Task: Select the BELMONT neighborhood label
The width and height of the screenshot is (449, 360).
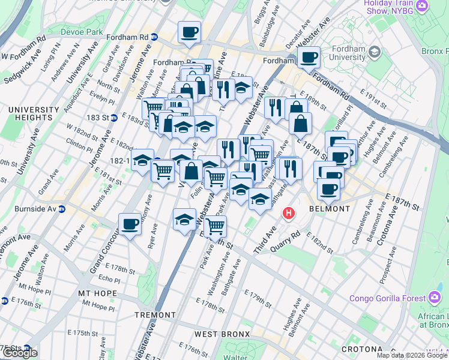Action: pyautogui.click(x=329, y=209)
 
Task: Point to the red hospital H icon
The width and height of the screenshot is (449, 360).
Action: pyautogui.click(x=289, y=213)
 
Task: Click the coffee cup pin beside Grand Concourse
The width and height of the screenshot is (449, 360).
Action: pyautogui.click(x=130, y=224)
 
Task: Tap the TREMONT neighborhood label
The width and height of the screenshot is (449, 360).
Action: pyautogui.click(x=155, y=314)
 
